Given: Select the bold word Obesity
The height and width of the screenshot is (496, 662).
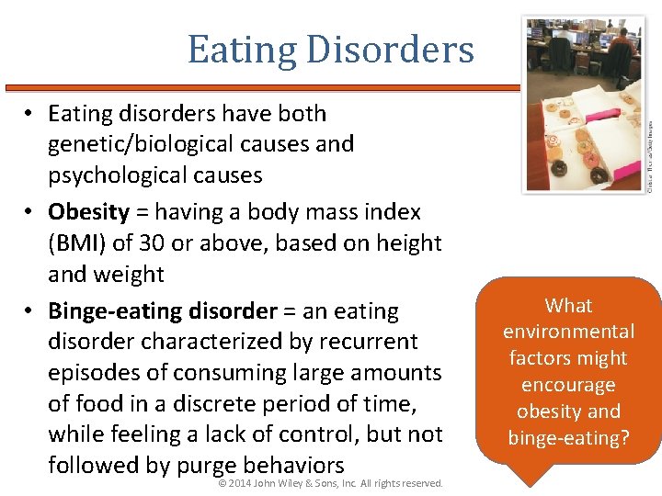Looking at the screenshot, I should pyautogui.click(x=88, y=212).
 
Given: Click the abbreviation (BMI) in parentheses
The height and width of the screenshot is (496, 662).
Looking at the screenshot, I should pyautogui.click(x=77, y=243).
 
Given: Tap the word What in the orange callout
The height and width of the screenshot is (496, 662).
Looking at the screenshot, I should pyautogui.click(x=568, y=306).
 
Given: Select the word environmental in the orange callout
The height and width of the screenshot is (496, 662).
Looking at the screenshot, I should pyautogui.click(x=568, y=332).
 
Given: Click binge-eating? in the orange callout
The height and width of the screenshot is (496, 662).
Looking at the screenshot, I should pyautogui.click(x=568, y=438).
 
